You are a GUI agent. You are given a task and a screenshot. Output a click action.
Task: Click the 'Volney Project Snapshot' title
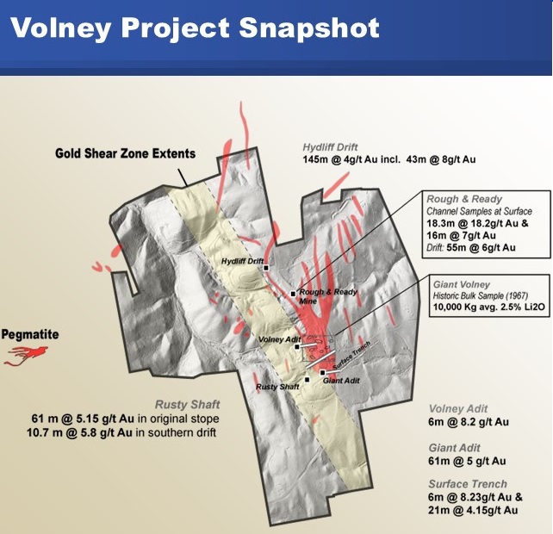(x=195, y=28)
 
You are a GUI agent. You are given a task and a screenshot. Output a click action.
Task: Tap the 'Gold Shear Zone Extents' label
(x=125, y=153)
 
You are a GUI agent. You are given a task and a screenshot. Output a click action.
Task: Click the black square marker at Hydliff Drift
(x=266, y=268)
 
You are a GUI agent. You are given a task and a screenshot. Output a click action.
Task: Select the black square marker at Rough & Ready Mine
(x=293, y=294)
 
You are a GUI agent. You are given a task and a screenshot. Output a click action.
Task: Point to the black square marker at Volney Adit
(x=297, y=347)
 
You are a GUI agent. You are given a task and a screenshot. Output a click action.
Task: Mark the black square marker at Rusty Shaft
(x=308, y=380)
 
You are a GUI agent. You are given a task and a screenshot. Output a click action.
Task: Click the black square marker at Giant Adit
(x=322, y=372)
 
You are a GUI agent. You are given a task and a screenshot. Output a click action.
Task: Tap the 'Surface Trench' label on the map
(x=351, y=356)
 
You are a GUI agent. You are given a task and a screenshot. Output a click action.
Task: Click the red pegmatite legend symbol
(x=26, y=356)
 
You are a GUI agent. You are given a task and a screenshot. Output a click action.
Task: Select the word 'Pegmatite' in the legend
(x=30, y=334)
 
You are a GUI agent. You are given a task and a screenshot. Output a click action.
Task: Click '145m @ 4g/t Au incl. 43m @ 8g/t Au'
(x=389, y=160)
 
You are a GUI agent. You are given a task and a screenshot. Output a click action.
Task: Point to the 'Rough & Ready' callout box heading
(x=464, y=199)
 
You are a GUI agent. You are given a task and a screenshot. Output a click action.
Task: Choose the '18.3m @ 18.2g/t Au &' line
(x=477, y=223)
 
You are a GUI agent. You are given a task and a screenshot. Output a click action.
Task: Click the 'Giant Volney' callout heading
(x=462, y=284)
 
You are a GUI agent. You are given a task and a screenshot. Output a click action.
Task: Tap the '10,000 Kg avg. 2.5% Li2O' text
(x=488, y=307)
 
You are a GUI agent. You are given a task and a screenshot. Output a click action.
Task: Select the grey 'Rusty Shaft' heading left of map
(x=187, y=405)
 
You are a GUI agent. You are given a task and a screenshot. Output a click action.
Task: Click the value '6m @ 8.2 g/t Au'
(x=469, y=422)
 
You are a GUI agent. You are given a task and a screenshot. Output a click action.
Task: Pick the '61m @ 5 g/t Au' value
(x=467, y=461)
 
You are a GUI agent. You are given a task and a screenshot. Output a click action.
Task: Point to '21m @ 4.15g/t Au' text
(x=473, y=510)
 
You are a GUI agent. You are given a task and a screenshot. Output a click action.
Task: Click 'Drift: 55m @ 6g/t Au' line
(x=471, y=247)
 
